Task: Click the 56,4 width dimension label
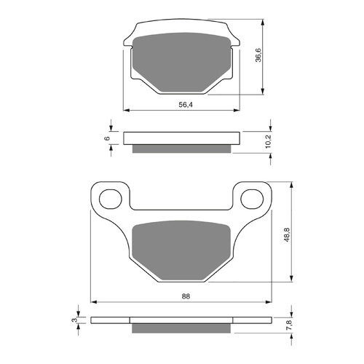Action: click(186, 105)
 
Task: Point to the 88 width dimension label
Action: click(186, 296)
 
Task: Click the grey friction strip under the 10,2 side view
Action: click(182, 149)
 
